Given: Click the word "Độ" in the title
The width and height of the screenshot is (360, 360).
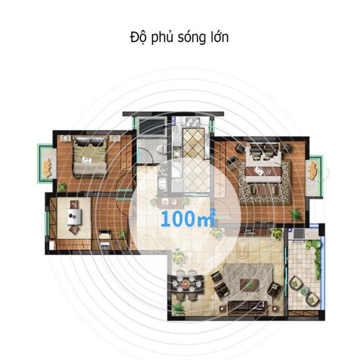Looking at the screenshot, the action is pyautogui.click(x=138, y=37).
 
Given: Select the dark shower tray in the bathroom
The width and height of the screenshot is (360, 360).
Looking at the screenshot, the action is pyautogui.click(x=152, y=126).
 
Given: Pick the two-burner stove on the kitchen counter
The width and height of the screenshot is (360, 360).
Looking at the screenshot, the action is pyautogui.click(x=176, y=152).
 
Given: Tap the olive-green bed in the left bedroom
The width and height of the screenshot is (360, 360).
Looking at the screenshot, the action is pyautogui.click(x=89, y=156).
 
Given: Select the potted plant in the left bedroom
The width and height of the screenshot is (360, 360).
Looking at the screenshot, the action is pyautogui.click(x=62, y=187).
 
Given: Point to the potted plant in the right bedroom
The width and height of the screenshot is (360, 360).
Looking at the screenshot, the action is pyautogui.click(x=296, y=215).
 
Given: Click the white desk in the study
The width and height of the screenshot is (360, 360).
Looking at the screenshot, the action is pyautogui.click(x=74, y=216).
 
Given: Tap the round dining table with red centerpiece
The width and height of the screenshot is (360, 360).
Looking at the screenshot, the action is pyautogui.click(x=185, y=284).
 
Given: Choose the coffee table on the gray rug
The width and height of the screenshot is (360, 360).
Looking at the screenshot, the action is pyautogui.click(x=250, y=284).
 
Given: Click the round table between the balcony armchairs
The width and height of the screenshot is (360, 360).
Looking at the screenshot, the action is pyautogui.click(x=304, y=290).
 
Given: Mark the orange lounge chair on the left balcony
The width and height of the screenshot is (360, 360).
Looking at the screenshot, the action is pyautogui.click(x=48, y=168).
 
